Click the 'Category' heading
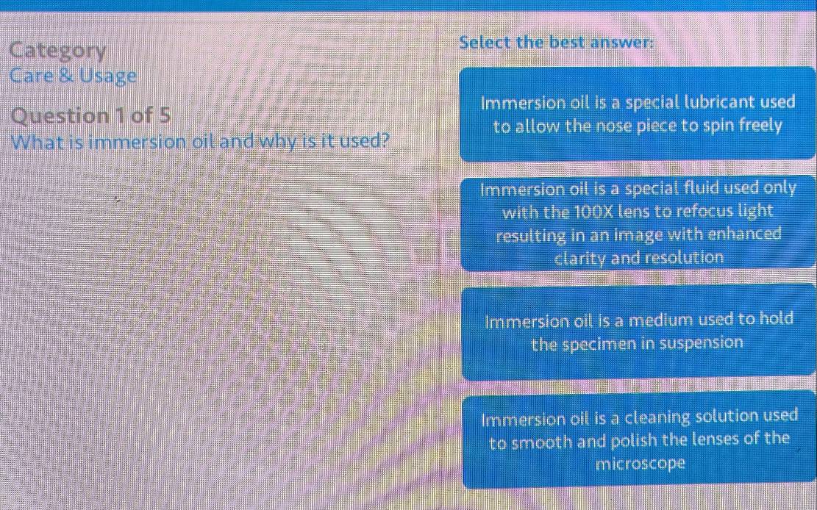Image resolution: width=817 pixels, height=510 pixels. [x=58, y=51]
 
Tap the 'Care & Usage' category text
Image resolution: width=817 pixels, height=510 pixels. [x=74, y=75]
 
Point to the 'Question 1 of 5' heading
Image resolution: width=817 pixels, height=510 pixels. [x=92, y=115]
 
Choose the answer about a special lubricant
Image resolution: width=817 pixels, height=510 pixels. [x=638, y=114]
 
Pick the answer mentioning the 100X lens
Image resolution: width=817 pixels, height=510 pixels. [x=638, y=223]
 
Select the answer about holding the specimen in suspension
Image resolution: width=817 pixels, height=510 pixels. [x=638, y=331]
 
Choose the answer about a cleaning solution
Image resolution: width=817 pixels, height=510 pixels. [x=638, y=439]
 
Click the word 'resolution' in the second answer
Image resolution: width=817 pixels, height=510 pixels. [x=685, y=258]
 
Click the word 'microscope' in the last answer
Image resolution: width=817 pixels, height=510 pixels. [x=640, y=464]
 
